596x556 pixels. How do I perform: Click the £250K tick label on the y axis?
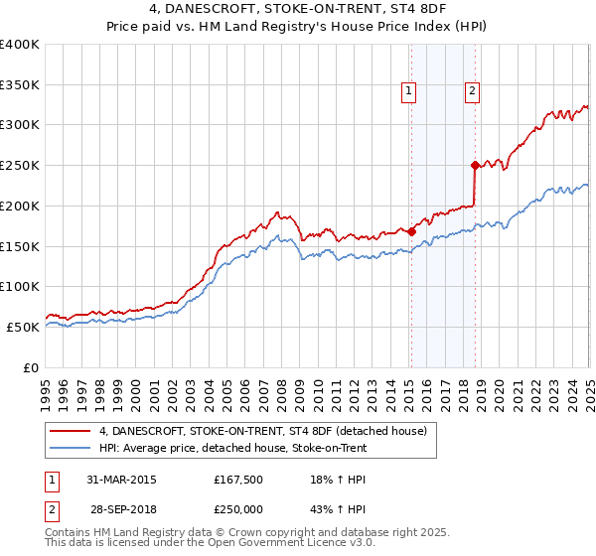pos(20,165)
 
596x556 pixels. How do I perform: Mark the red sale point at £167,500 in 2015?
pos(411,231)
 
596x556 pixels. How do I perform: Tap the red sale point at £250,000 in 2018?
pos(475,165)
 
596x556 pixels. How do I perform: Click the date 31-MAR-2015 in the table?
pos(121,480)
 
